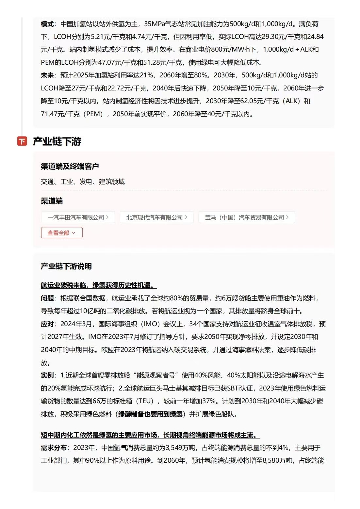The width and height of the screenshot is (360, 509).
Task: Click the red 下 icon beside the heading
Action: point(22,141)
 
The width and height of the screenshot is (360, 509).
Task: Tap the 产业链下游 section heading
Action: point(57,141)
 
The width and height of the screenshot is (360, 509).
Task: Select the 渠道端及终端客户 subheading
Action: point(70,166)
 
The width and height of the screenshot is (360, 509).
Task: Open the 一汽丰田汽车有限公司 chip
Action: point(78,217)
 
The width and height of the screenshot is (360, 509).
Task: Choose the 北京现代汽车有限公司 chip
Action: point(156,217)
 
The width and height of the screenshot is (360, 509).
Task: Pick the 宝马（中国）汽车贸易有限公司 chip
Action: point(246,217)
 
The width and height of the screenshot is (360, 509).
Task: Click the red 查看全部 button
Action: point(62,233)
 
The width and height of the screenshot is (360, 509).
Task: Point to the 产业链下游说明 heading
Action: point(66,266)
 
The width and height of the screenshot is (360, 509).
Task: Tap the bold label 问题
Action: point(47,298)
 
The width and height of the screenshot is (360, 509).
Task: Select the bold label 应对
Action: point(47,324)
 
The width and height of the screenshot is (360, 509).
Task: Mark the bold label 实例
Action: point(47,375)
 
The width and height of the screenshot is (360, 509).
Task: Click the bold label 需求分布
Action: point(54,448)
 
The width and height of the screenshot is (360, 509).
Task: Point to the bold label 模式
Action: point(47,24)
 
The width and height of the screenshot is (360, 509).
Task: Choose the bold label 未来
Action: point(47,75)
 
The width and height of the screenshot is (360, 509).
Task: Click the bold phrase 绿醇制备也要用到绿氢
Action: point(150,414)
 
